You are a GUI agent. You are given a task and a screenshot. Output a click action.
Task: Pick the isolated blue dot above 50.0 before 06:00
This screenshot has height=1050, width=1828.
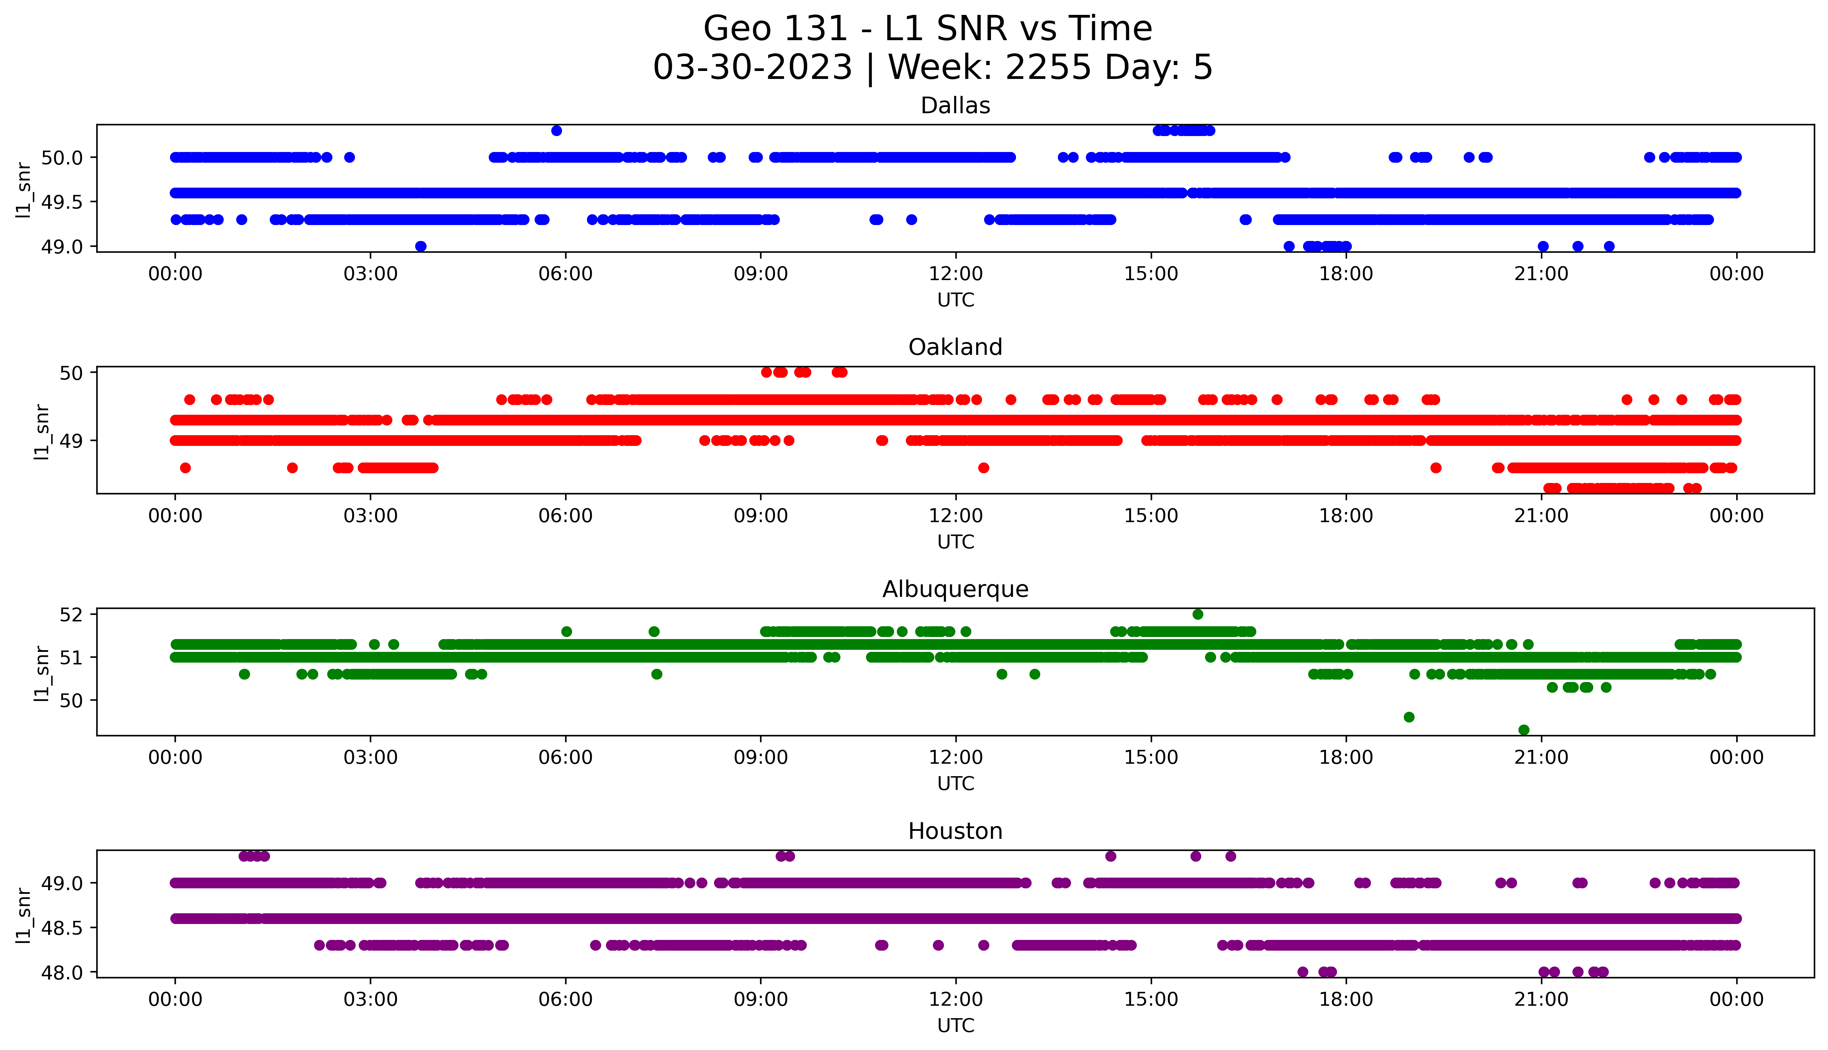(x=556, y=131)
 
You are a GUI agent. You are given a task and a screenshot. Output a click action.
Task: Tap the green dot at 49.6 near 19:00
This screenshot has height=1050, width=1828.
(x=1409, y=717)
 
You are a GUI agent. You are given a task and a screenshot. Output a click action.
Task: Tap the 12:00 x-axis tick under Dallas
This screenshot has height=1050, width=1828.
(x=955, y=274)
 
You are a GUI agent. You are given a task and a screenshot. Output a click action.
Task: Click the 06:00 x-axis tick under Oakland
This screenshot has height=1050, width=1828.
(x=565, y=515)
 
